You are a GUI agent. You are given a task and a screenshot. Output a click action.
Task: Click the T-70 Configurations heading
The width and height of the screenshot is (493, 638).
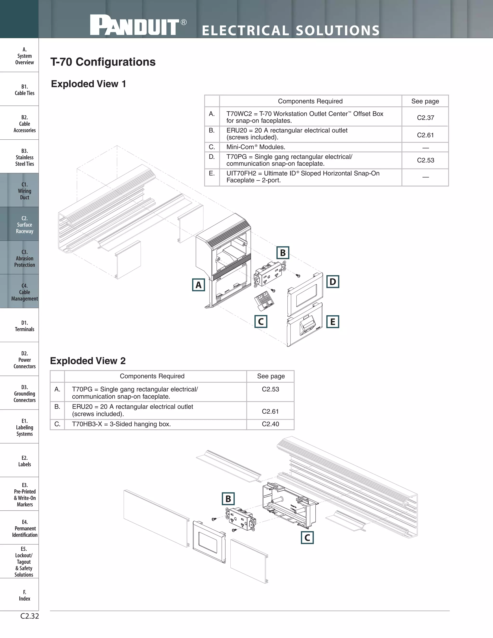click(103, 62)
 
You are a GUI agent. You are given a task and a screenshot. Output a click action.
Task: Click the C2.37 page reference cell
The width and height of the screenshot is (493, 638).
click(425, 118)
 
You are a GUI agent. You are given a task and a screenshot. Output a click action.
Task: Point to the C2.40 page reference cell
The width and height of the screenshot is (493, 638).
click(270, 424)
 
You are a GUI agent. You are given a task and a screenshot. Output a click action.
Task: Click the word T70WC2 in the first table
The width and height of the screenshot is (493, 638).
click(239, 114)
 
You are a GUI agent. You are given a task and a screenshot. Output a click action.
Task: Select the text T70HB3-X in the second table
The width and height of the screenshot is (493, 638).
click(87, 424)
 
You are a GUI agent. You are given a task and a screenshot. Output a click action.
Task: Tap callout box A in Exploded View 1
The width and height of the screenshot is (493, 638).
click(198, 285)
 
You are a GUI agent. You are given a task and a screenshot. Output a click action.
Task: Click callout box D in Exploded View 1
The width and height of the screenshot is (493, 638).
click(332, 282)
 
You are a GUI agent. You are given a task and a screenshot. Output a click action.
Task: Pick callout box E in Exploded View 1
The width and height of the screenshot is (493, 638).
click(332, 322)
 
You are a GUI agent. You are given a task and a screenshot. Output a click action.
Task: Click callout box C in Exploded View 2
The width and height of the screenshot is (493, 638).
click(307, 538)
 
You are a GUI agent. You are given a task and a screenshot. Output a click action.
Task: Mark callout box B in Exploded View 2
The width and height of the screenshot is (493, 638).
click(228, 499)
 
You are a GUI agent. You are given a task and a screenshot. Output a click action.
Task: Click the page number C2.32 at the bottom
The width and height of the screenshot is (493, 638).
click(30, 616)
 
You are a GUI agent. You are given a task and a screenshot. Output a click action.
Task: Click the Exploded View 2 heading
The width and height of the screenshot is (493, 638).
click(88, 361)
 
